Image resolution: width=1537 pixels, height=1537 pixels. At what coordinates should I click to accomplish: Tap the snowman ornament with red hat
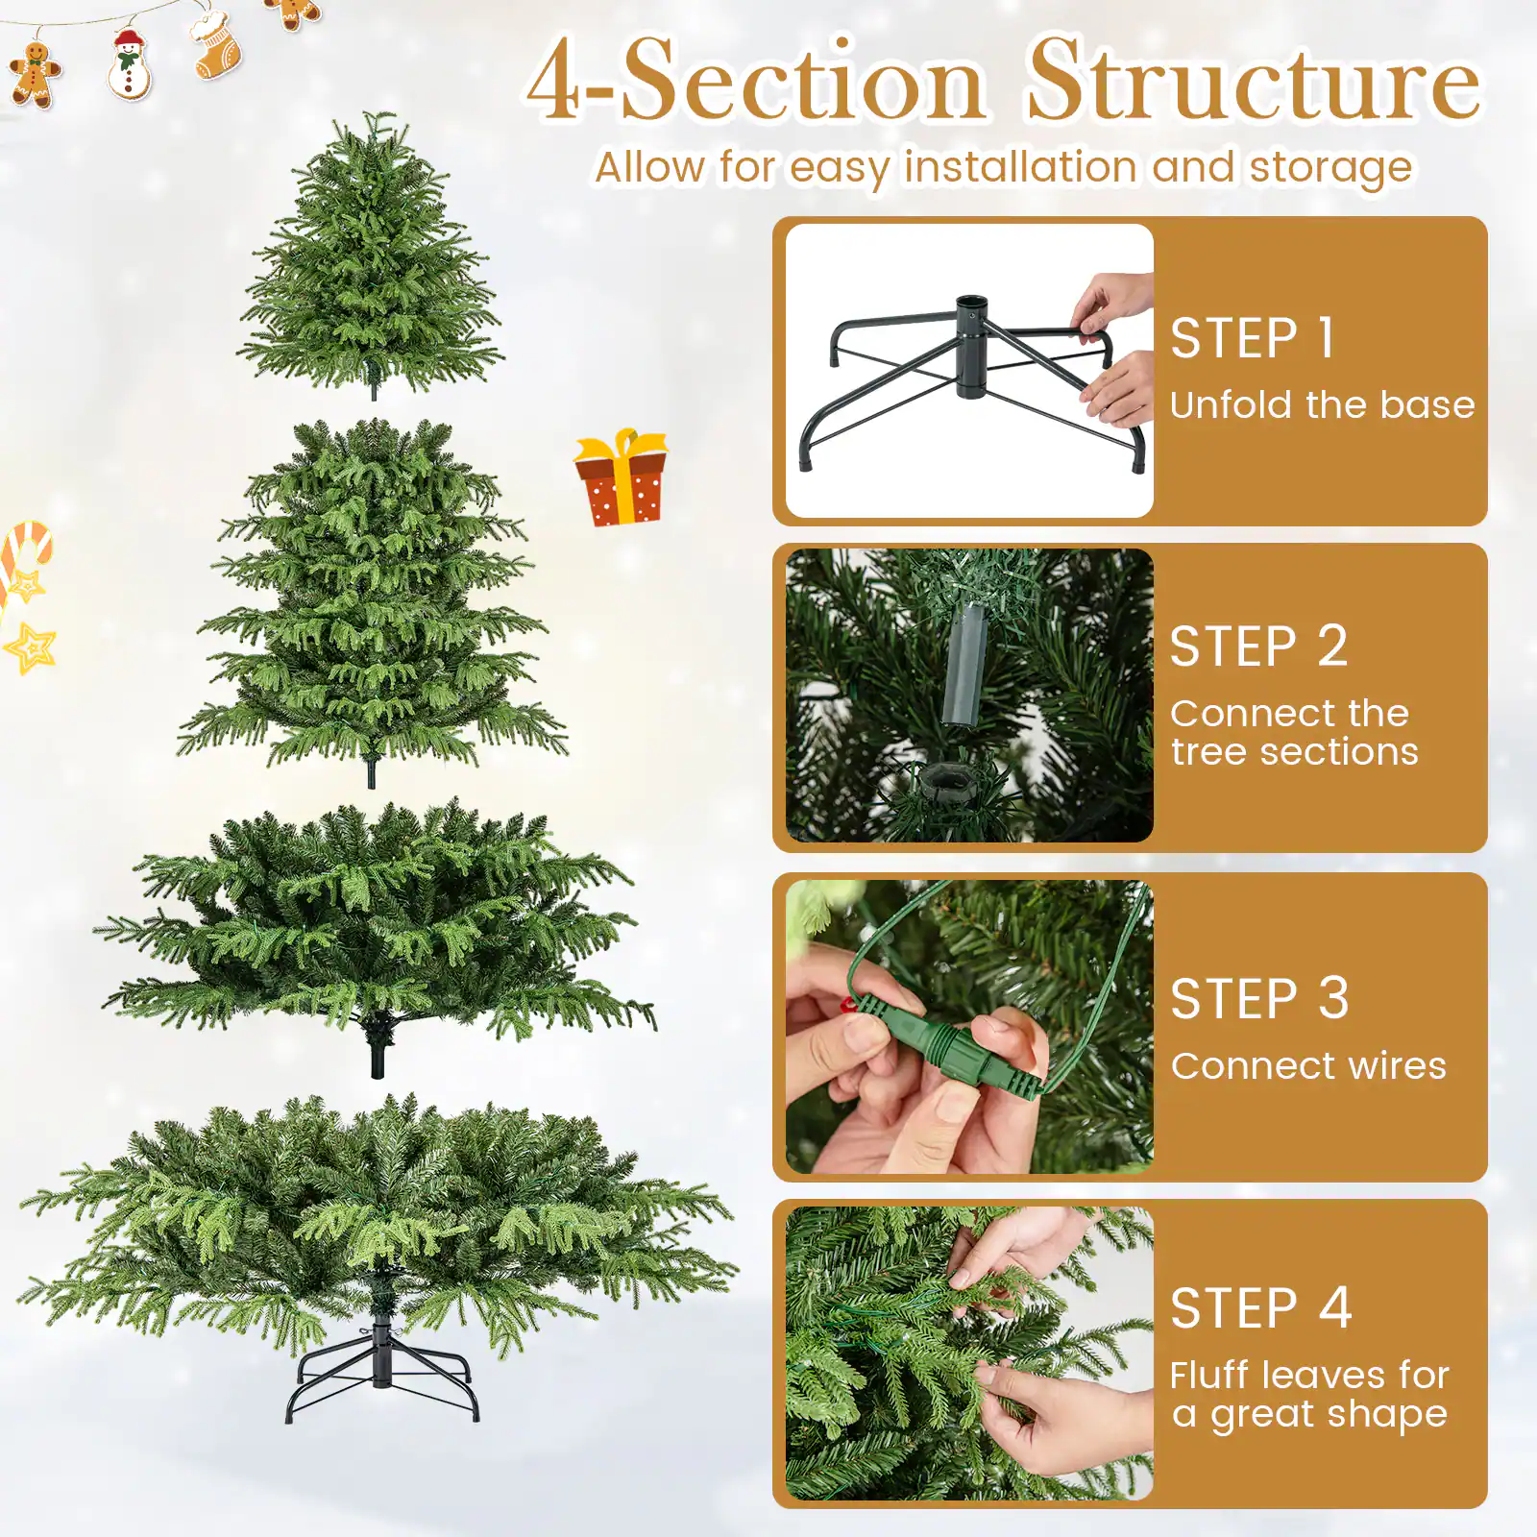point(129,65)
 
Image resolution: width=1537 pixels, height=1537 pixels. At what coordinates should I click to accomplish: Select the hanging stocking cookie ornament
point(215,44)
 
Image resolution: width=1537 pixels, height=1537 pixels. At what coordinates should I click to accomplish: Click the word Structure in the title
point(1253,83)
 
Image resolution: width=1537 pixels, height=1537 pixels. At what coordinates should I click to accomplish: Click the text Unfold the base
point(1322,405)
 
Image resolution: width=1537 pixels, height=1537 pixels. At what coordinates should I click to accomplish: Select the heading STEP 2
point(1258,646)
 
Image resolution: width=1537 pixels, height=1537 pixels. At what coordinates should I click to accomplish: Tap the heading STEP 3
point(1259,999)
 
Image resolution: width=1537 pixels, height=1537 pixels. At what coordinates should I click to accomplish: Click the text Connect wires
point(1308,1066)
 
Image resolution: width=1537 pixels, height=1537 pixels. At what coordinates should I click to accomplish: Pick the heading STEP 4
point(1260,1308)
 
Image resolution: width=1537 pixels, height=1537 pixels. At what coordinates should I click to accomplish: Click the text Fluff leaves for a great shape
point(1308,1395)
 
